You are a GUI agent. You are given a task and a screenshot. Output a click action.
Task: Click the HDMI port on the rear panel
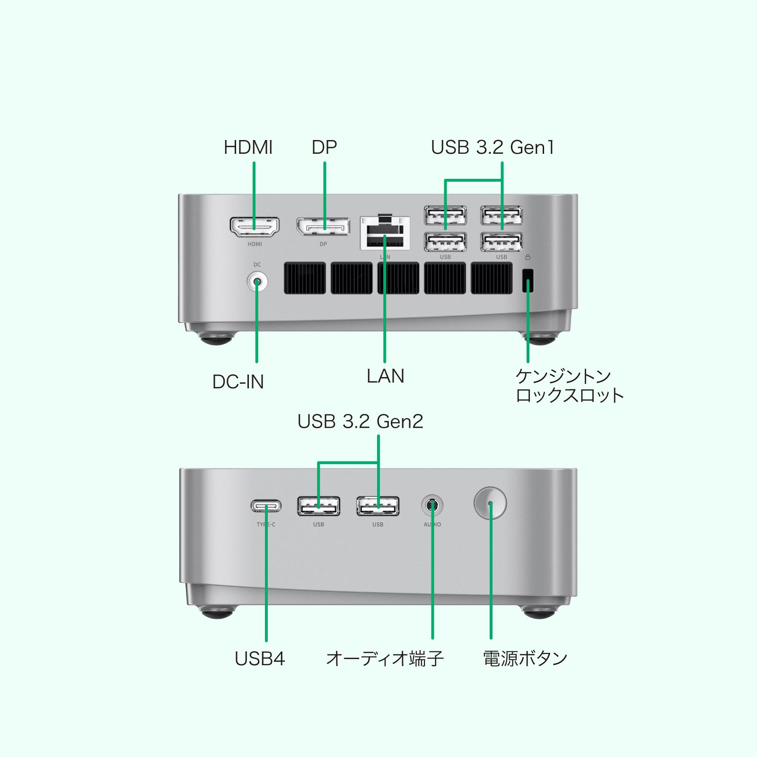coord(255,228)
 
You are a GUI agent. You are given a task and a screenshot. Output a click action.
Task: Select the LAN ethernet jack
coord(385,233)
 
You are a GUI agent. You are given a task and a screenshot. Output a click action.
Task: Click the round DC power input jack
coord(257,282)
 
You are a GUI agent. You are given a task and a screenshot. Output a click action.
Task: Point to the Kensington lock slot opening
coord(528,281)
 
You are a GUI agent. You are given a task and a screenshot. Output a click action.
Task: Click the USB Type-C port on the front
coord(266,506)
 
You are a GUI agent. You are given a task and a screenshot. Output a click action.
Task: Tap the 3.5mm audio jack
coord(432,506)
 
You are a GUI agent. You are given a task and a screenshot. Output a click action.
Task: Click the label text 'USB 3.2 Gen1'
coord(492,148)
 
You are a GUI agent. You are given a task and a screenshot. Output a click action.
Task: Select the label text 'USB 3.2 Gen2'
coord(360,422)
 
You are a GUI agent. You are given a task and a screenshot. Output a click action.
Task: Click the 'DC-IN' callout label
coord(238,382)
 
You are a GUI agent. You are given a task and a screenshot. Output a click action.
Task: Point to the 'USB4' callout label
coord(260,659)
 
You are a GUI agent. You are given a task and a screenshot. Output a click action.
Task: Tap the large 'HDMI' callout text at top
coord(248,148)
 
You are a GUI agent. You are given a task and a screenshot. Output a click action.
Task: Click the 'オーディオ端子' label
coord(385,659)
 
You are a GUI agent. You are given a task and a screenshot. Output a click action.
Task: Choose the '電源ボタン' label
coord(525,659)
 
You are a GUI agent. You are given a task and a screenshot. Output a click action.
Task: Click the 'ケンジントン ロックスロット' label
coord(569,386)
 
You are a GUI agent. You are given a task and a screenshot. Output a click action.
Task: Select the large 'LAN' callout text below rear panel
coord(385,376)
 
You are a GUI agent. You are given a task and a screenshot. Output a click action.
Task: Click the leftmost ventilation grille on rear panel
coord(305,278)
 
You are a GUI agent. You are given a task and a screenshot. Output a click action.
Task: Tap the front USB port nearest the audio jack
coord(378,506)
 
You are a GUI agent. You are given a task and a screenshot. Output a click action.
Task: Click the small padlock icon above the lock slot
coord(528,257)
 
